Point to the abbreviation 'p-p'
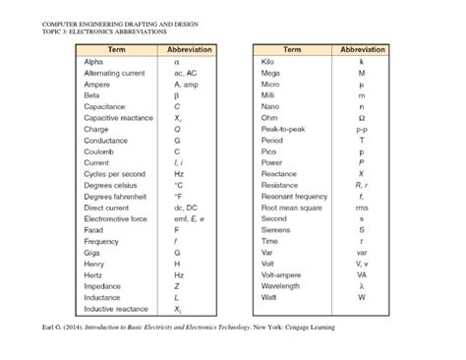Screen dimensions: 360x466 click(361, 128)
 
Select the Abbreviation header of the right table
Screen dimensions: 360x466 click(361, 48)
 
